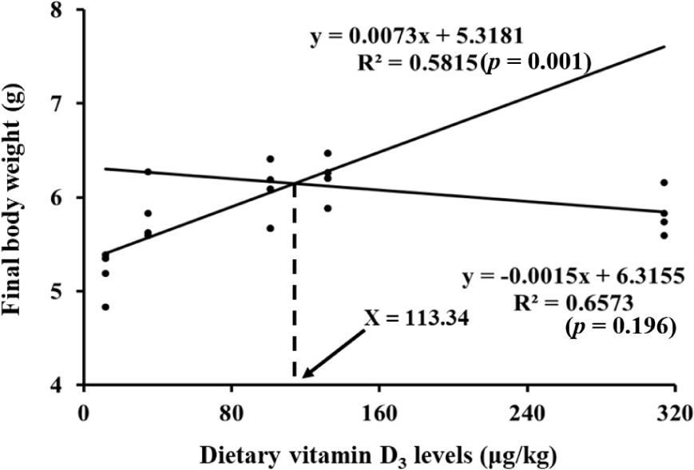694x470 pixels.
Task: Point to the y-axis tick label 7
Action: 61,104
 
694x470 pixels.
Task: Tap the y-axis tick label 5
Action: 61,291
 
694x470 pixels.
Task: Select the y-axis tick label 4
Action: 61,385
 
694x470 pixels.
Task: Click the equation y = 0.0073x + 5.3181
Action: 418,36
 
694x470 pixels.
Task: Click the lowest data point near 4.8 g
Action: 105,306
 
